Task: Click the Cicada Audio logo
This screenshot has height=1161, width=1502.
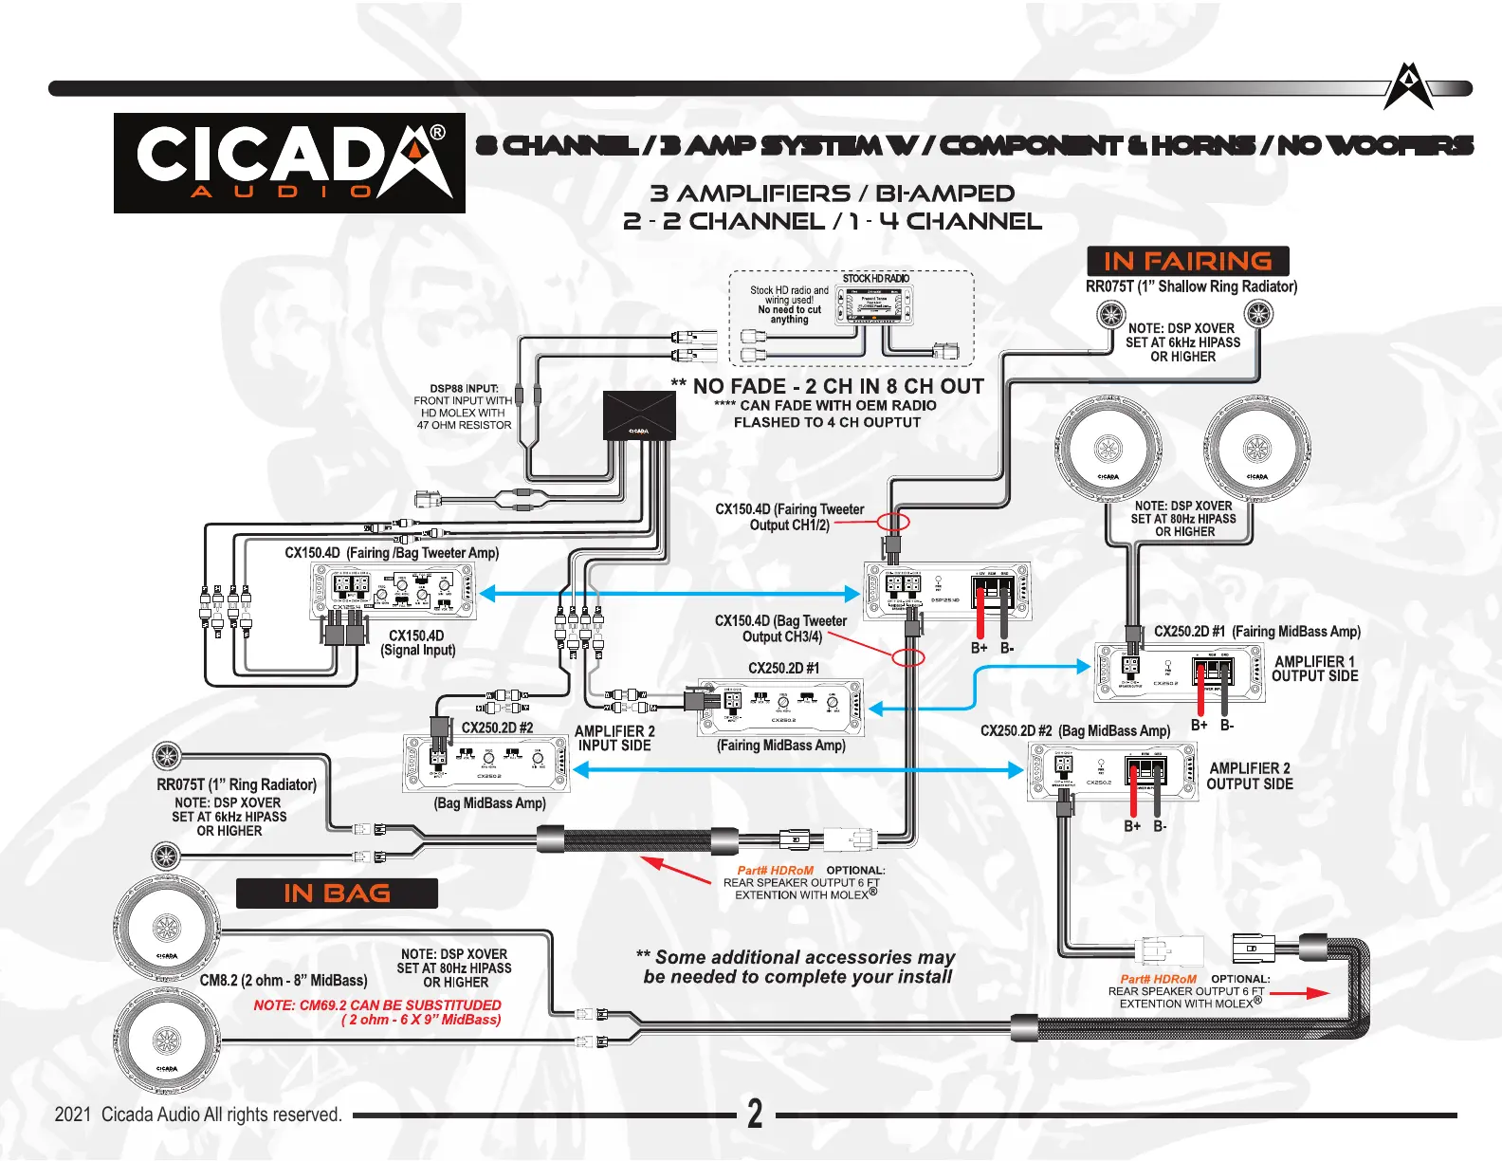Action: (289, 163)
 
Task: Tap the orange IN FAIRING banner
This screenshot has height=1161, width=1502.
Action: (1187, 261)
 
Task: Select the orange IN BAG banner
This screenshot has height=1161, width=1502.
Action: (337, 894)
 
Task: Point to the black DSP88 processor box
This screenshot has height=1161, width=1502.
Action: (639, 416)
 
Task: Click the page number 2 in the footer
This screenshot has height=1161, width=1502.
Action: (755, 1114)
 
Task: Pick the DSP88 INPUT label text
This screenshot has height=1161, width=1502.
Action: (464, 388)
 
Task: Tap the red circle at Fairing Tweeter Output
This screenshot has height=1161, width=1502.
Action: (893, 522)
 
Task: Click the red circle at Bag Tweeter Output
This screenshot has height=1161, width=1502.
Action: (908, 657)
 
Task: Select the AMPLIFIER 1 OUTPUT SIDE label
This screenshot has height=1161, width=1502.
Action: (1314, 669)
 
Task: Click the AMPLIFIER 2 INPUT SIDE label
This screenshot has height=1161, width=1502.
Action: (614, 739)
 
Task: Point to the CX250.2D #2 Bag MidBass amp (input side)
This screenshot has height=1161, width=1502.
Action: (486, 764)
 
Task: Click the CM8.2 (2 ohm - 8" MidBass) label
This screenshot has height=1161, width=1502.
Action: (283, 981)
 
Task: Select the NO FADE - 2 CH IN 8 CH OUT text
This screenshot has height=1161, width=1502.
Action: (828, 387)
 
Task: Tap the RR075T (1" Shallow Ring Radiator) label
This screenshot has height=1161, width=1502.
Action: (1191, 286)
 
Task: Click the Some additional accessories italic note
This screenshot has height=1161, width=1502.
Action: (797, 967)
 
